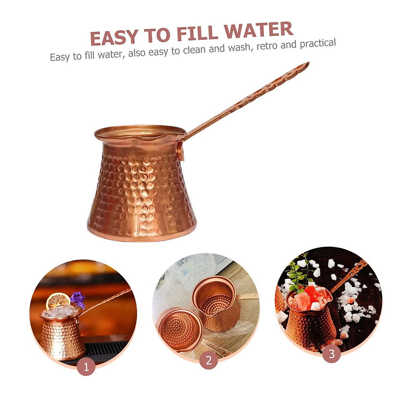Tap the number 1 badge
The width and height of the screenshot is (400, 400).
click(x=86, y=367)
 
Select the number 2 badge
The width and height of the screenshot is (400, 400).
click(x=209, y=360)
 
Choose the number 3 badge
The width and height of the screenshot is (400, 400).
click(x=331, y=353)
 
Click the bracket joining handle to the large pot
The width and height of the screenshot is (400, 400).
click(x=180, y=150)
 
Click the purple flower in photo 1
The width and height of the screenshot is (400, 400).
click(x=78, y=299)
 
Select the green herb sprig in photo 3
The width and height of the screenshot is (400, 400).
click(x=298, y=273)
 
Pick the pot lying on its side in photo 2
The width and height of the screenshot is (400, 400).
click(x=180, y=330)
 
